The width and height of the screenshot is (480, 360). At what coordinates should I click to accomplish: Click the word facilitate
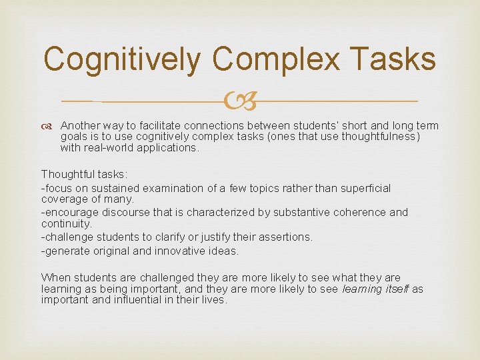[x=159, y=125]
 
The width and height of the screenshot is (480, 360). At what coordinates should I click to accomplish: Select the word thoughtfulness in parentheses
[x=378, y=137]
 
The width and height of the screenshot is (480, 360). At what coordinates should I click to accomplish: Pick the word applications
[x=169, y=148]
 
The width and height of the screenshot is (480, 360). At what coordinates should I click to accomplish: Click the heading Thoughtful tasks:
[x=84, y=174]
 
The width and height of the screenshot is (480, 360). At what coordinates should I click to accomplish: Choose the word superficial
[x=365, y=189]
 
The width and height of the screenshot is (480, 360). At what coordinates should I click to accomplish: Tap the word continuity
[x=67, y=223]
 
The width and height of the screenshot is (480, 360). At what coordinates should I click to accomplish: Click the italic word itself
[x=396, y=289]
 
